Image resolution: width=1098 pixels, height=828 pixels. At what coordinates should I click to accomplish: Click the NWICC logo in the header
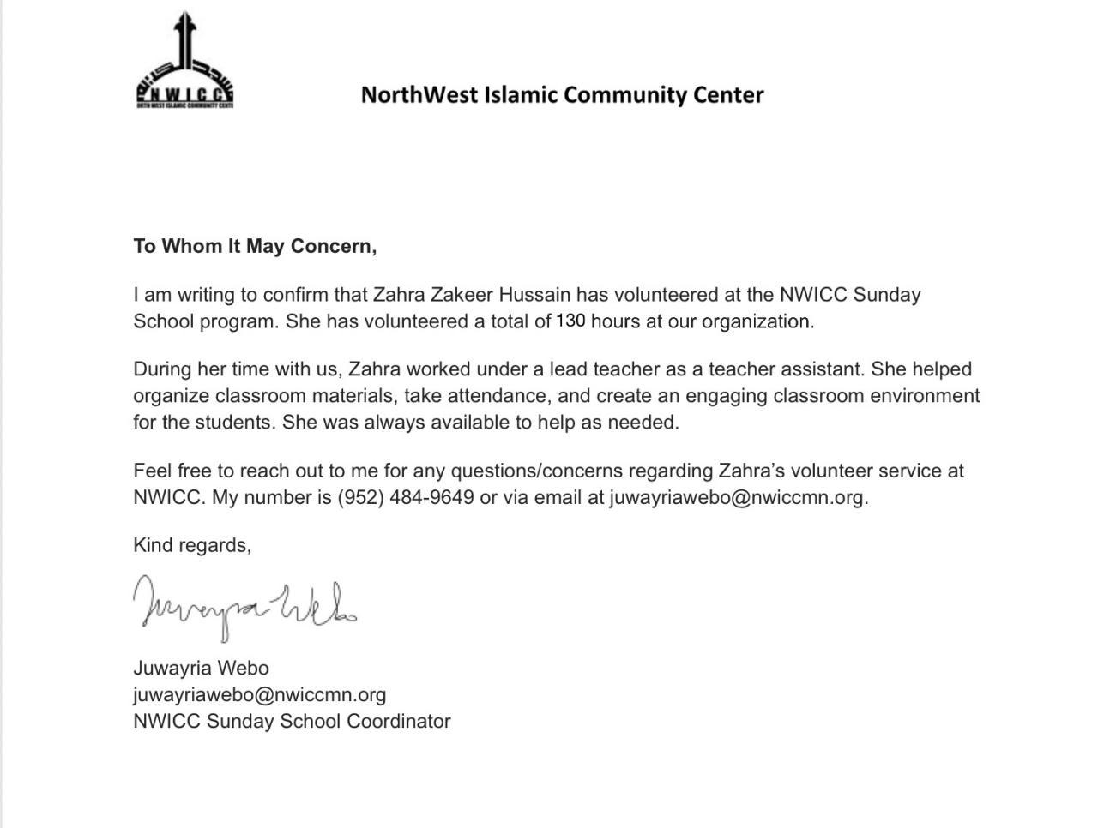click(x=185, y=64)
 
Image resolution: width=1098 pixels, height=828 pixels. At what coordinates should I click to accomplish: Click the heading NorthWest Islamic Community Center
click(x=562, y=94)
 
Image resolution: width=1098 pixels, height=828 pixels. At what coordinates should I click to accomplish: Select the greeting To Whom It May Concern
click(x=255, y=247)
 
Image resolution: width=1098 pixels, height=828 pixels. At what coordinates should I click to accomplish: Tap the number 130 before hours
click(x=570, y=321)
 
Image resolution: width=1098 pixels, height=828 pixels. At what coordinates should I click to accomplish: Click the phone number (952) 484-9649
click(x=405, y=498)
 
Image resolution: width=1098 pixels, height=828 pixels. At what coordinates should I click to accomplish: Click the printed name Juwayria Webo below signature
click(x=201, y=669)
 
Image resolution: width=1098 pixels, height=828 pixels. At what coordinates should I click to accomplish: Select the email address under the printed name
click(x=259, y=695)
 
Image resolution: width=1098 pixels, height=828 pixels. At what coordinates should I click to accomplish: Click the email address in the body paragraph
click(x=737, y=498)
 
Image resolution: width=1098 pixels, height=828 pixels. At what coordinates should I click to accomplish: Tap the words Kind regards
click(x=191, y=546)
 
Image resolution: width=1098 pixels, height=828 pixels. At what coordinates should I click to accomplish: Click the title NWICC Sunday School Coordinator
click(x=292, y=722)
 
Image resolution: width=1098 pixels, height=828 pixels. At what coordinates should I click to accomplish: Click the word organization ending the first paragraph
click(x=756, y=322)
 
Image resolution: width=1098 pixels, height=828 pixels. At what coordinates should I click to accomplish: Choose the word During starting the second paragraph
click(x=162, y=369)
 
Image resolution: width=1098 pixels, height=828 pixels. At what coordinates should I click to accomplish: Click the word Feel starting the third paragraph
click(x=153, y=471)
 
